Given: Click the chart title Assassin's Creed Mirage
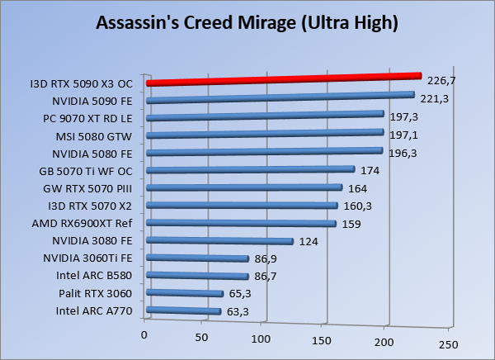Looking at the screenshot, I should point(247,23).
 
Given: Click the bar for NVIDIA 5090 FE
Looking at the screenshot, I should point(280,97).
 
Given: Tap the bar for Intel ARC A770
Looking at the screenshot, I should point(184,311).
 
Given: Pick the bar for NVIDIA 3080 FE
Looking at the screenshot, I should point(219,241).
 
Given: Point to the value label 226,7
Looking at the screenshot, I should point(442,81).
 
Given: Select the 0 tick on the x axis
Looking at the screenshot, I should point(144,334).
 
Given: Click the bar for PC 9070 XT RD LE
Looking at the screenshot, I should point(265,116).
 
